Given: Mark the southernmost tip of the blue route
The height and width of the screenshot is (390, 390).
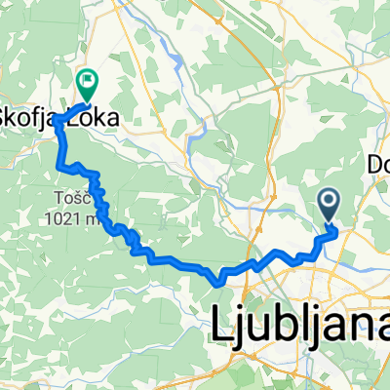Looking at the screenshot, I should (219, 284).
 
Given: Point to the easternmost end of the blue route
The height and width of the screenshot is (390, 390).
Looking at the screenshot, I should (336, 232).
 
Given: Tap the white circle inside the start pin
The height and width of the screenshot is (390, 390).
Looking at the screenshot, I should (329, 201).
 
